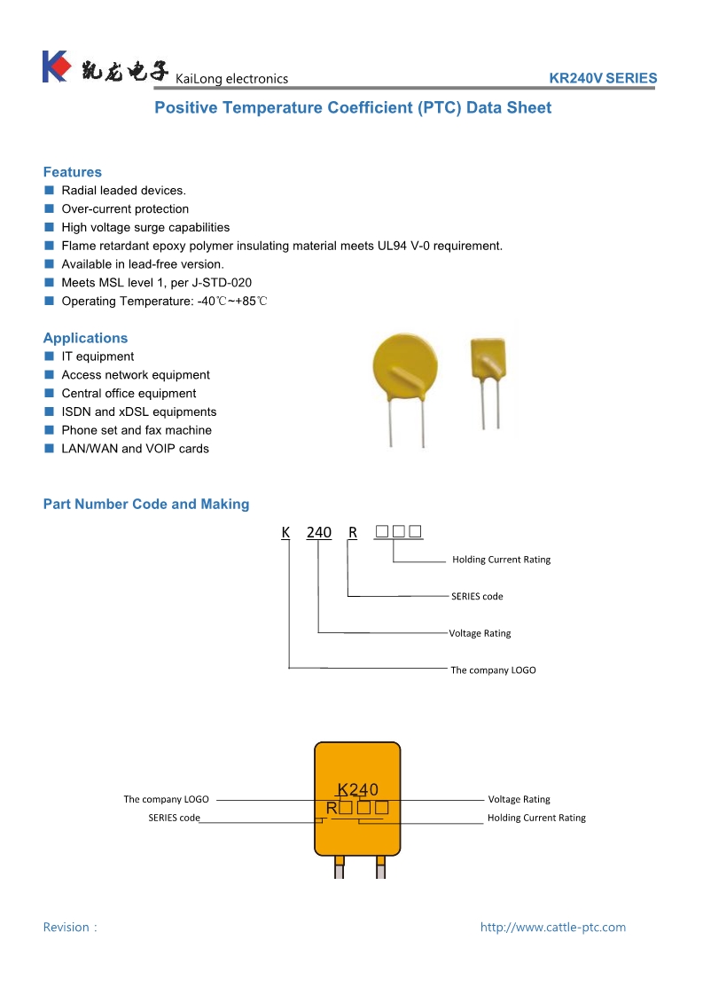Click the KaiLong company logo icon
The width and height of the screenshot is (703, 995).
pos(55,67)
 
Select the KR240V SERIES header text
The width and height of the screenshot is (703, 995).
pos(603,78)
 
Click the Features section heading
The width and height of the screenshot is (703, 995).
pos(73,172)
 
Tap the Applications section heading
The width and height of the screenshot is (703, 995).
pos(85,338)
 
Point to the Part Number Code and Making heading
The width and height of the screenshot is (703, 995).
pos(146,504)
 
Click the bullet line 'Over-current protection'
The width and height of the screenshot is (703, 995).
pos(125,209)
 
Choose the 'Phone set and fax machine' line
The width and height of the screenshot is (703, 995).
pos(137,430)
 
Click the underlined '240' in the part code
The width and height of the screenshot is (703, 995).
pos(318,532)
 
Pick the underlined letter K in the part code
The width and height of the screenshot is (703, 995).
pos(285,532)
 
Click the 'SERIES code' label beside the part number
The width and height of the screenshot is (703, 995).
pos(477,596)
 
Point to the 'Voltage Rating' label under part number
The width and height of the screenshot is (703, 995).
pos(480,633)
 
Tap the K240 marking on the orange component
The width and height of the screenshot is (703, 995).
pos(358,789)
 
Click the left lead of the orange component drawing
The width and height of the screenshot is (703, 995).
pos(339,866)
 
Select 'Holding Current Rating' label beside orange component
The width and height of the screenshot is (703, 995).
pos(536,818)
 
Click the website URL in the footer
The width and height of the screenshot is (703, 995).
pos(552,927)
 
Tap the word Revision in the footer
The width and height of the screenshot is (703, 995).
pos(66,927)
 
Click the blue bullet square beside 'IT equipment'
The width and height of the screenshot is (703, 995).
pos(50,356)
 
